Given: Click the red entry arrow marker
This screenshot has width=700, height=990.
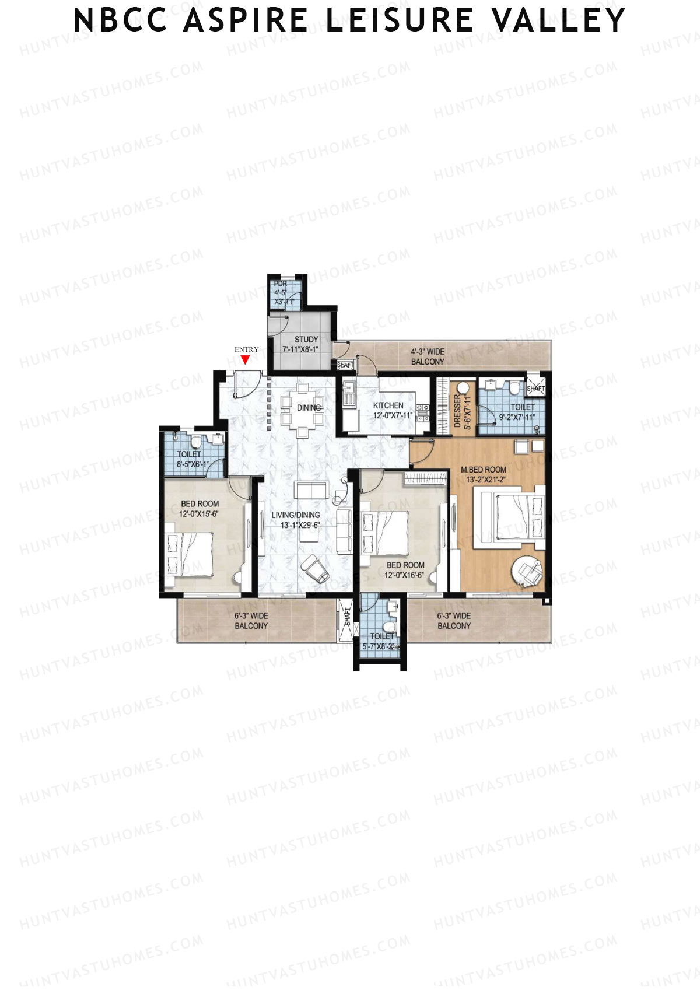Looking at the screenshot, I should (x=246, y=359).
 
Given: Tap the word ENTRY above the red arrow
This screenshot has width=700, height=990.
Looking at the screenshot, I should (x=246, y=349).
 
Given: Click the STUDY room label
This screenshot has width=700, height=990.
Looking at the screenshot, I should (x=306, y=340).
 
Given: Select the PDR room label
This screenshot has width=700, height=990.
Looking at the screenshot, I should (x=281, y=284).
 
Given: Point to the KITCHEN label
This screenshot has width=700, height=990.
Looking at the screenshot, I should (x=388, y=405).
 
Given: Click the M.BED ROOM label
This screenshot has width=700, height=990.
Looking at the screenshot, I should (x=484, y=470).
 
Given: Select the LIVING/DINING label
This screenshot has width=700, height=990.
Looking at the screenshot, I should (x=296, y=515).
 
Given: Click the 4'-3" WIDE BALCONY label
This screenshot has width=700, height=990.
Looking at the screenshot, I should (x=428, y=356).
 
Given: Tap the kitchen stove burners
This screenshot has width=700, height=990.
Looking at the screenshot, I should (x=423, y=413).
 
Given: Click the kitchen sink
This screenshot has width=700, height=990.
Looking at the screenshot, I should (x=349, y=393).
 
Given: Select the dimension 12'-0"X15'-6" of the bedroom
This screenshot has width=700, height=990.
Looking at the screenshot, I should (x=199, y=514).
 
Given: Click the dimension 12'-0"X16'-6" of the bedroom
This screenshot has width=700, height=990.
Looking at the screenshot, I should (x=405, y=575).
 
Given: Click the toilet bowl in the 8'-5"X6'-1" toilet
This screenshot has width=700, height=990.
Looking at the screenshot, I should (x=197, y=440).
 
